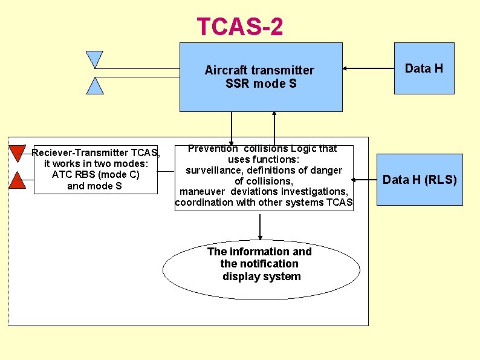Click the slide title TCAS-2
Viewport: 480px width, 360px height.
[x=239, y=27]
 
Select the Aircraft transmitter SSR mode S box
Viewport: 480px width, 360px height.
[x=261, y=77]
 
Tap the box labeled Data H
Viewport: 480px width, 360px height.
[x=424, y=68]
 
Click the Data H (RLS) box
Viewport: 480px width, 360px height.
[x=420, y=180]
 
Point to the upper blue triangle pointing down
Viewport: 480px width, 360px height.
[x=95, y=59]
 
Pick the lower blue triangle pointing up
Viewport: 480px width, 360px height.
[x=95, y=85]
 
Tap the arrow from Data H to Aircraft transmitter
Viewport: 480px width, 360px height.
[x=368, y=68]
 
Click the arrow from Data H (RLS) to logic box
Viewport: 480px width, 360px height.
[x=365, y=180]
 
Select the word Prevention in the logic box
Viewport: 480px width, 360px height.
[x=213, y=148]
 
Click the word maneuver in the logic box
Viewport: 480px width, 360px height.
[x=200, y=192]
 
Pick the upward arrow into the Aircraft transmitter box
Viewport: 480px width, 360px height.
[x=274, y=128]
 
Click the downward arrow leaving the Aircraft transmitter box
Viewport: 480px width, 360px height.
[x=232, y=128]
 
